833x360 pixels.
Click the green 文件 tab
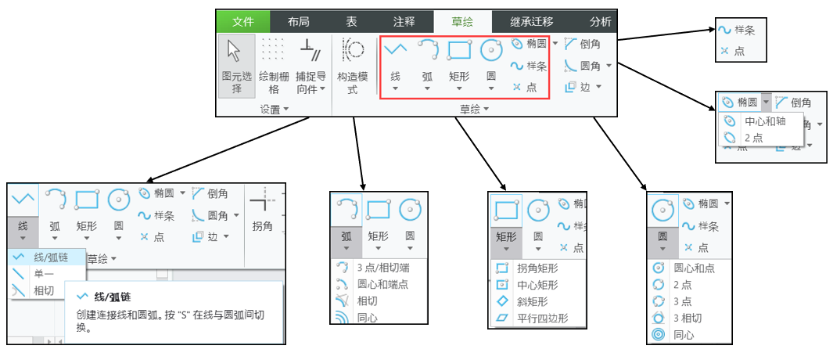(x=242, y=22)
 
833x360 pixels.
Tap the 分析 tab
(x=600, y=22)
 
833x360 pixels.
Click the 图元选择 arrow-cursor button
(x=235, y=68)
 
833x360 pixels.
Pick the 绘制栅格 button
(x=274, y=68)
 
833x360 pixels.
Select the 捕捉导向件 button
(x=311, y=68)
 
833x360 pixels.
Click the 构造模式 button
(x=352, y=68)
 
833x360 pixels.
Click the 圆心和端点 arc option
(x=381, y=284)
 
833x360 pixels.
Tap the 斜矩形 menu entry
(x=532, y=301)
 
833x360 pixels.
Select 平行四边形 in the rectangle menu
(x=541, y=319)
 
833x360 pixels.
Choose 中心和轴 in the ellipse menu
(x=764, y=122)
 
